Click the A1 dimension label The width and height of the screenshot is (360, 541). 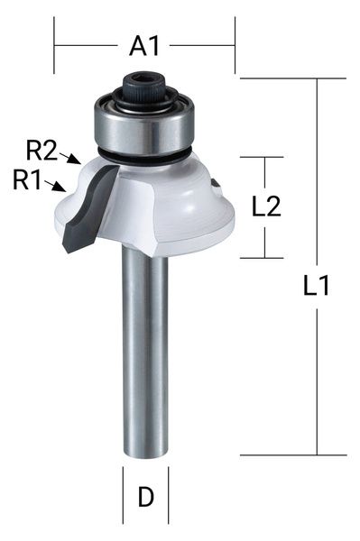pyautogui.click(x=144, y=44)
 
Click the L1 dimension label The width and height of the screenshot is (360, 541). pyautogui.click(x=316, y=287)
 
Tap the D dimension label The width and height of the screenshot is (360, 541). pyautogui.click(x=145, y=497)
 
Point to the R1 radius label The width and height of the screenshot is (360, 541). pyautogui.click(x=28, y=179)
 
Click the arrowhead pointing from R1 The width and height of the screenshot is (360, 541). pyautogui.click(x=62, y=189)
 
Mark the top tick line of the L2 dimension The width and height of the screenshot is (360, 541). pyautogui.click(x=265, y=157)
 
